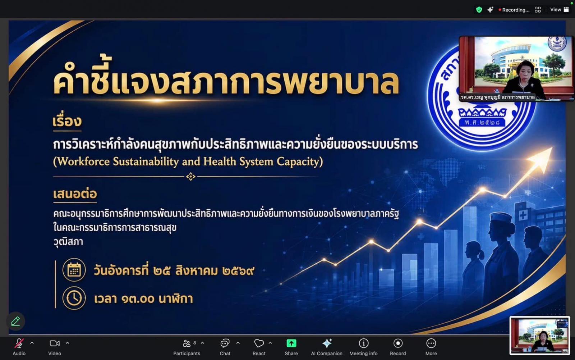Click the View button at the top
pyautogui.click(x=559, y=10)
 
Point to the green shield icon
pyautogui.click(x=479, y=10)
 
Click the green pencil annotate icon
pyautogui.click(x=15, y=321)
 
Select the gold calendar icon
pyautogui.click(x=74, y=270)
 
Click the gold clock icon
pyautogui.click(x=74, y=298)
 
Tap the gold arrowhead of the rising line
pyautogui.click(x=541, y=158)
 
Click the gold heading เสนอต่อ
pyautogui.click(x=75, y=194)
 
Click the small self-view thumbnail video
pyautogui.click(x=539, y=336)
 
